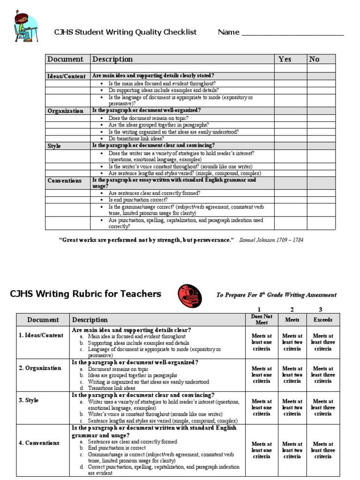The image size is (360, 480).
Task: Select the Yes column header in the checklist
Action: pyautogui.click(x=285, y=59)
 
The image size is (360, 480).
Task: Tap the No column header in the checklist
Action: pyautogui.click(x=314, y=59)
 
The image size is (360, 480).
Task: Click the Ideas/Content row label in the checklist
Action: pyautogui.click(x=67, y=76)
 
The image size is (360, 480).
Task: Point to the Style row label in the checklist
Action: pyautogui.click(x=54, y=146)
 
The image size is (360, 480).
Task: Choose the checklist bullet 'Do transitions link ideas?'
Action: pyautogui.click(x=136, y=139)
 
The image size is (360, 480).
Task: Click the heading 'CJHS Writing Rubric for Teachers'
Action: pyautogui.click(x=86, y=294)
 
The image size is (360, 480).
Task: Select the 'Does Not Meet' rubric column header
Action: pyautogui.click(x=262, y=320)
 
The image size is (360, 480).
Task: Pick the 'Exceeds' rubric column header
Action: pyautogui.click(x=323, y=320)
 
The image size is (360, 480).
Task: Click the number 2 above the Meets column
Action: pyautogui.click(x=292, y=309)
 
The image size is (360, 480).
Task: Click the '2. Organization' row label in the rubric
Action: pyautogui.click(x=40, y=368)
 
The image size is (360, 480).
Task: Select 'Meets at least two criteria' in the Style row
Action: pyautogui.click(x=292, y=408)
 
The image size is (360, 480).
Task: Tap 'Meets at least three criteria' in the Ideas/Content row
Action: pyautogui.click(x=323, y=342)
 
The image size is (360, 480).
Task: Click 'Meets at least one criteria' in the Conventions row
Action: pyautogui.click(x=262, y=450)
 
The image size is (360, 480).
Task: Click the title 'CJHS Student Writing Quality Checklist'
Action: pyautogui.click(x=126, y=32)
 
